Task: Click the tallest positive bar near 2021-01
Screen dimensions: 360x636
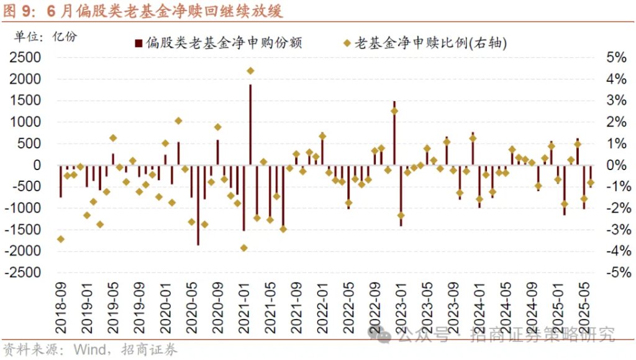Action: click(250, 124)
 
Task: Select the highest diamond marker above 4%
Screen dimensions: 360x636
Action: click(250, 71)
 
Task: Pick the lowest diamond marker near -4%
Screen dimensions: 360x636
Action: click(244, 248)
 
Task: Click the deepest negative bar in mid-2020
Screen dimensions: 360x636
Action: click(198, 205)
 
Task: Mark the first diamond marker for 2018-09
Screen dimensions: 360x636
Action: click(61, 239)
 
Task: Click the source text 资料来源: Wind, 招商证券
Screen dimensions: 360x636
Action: click(91, 349)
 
